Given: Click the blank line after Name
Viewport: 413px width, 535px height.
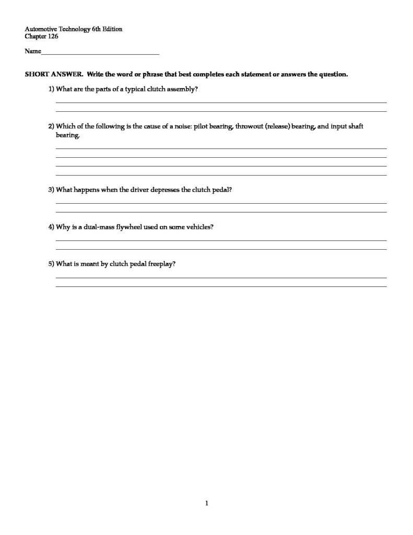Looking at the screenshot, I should (100, 53).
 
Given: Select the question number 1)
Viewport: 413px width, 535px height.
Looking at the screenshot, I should (51, 89).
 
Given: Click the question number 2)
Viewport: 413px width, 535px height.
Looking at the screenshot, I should (51, 127).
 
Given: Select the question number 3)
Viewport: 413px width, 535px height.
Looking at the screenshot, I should (51, 190).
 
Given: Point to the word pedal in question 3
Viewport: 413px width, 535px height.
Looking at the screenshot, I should (221, 190).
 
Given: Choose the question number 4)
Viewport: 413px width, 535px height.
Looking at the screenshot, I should (51, 227).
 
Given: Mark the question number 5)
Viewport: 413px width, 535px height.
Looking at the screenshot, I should (51, 264).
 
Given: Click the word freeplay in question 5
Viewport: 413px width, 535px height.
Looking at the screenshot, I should (161, 264).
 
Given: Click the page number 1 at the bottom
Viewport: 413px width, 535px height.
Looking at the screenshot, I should (207, 503).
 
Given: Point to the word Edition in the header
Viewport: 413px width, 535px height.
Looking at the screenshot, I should (112, 29).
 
